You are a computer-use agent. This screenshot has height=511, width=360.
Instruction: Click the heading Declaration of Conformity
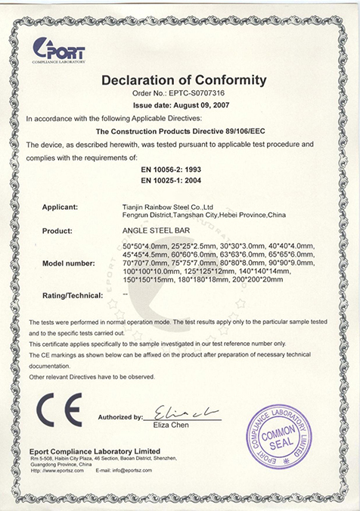coord(185,79)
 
